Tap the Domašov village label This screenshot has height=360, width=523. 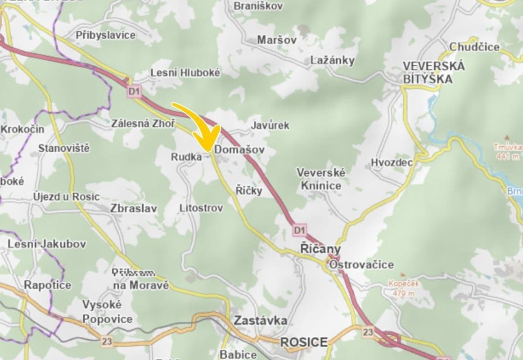pos(239,149)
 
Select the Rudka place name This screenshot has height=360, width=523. pos(186,157)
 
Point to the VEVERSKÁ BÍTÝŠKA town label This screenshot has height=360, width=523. pos(428,72)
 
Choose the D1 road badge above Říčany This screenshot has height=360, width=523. pos(299,230)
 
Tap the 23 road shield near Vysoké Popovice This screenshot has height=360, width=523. pos(106,342)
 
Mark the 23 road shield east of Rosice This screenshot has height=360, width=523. pos(368,332)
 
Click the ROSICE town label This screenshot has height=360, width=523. pos(304,342)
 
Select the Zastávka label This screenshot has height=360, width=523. pos(261,320)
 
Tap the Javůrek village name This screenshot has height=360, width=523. pos(270,125)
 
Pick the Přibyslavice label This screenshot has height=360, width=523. pos(106,35)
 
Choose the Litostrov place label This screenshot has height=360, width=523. pos(201,208)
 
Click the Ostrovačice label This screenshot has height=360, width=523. pos(361,265)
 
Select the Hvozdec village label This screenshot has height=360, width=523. pos(392,162)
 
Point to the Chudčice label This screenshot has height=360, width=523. pos(474,47)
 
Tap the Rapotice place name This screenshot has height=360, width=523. pos(47,285)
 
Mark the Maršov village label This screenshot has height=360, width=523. pos(277,40)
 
